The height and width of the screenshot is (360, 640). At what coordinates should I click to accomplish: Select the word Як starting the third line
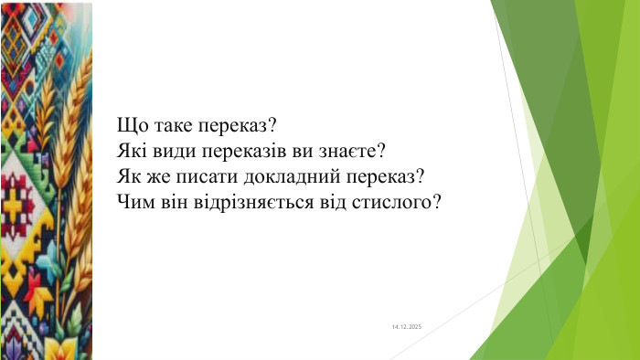point(130,174)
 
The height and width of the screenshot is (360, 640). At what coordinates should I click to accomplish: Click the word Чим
point(133,198)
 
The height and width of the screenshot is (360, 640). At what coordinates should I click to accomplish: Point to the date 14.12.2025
point(406,326)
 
